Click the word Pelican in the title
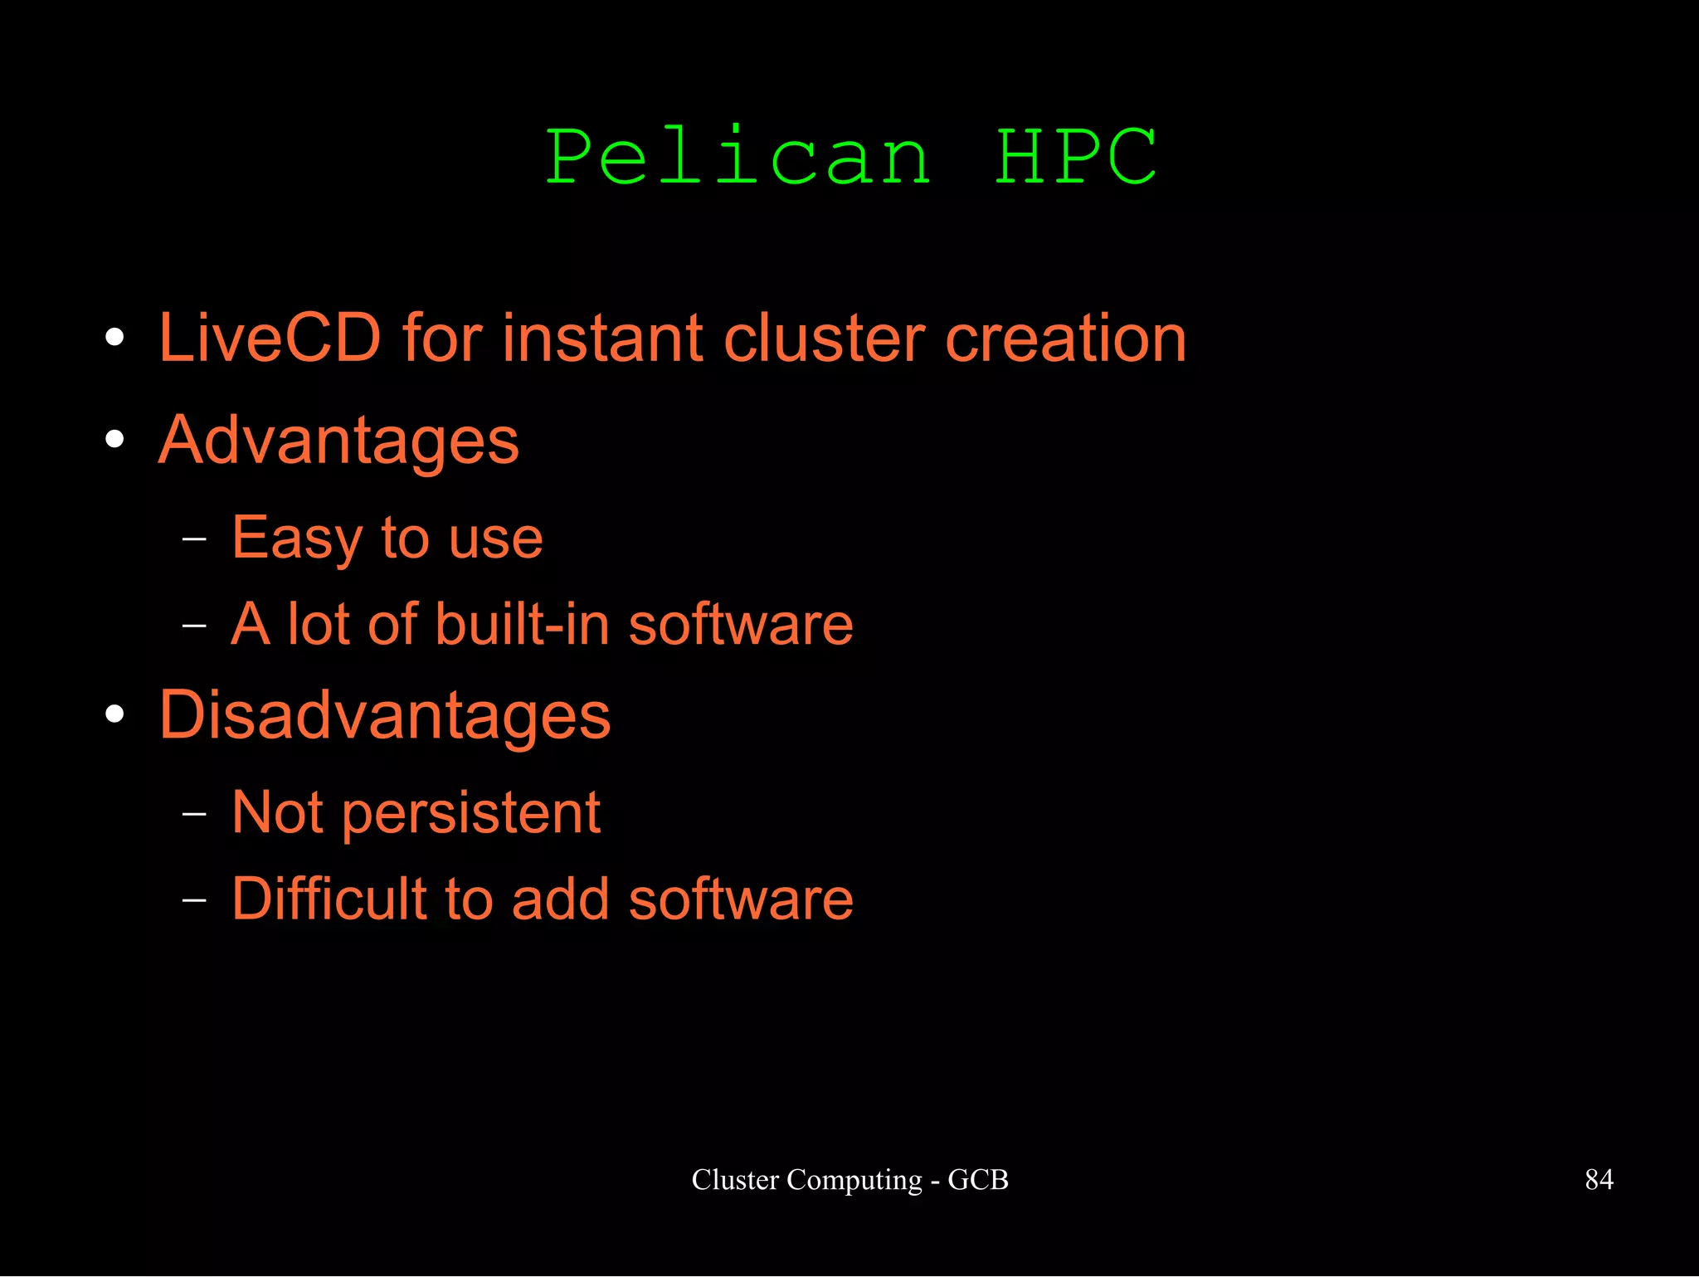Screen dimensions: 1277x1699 click(x=738, y=158)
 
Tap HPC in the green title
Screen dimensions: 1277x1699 click(x=1075, y=158)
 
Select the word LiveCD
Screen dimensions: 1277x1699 click(x=270, y=339)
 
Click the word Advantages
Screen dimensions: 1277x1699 click(x=338, y=441)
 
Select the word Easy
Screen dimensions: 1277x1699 click(x=297, y=539)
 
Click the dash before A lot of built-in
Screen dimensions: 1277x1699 click(x=194, y=625)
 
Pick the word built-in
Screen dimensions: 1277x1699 click(x=522, y=624)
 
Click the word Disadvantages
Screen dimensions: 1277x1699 click(x=385, y=715)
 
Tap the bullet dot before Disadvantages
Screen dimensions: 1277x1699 click(x=115, y=714)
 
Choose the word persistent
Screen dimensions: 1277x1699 click(x=471, y=813)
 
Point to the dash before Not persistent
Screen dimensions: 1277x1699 click(x=194, y=814)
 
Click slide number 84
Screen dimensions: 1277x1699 click(x=1599, y=1179)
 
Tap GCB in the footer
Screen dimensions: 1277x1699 click(x=978, y=1179)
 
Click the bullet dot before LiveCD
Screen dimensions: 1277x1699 click(x=115, y=338)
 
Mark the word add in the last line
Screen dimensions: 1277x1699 click(x=561, y=899)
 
